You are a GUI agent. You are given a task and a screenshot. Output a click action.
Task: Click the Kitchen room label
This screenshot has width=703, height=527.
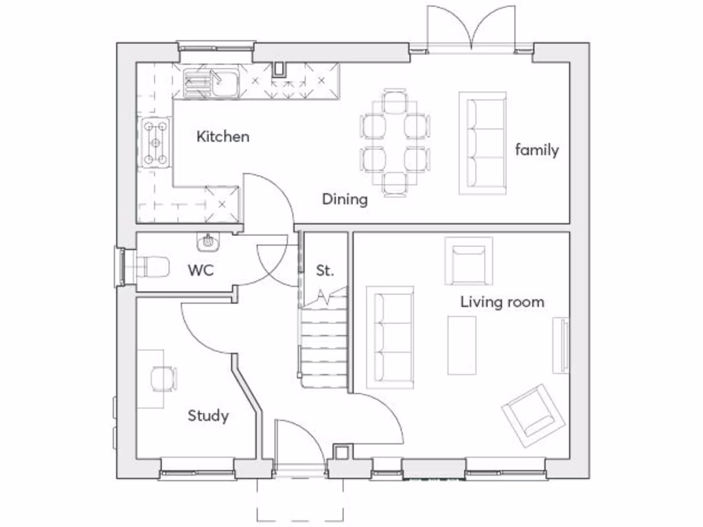pyautogui.click(x=223, y=137)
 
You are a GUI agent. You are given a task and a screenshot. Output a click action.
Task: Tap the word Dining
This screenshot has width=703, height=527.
pyautogui.click(x=345, y=200)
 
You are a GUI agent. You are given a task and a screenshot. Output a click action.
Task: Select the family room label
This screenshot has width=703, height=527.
pyautogui.click(x=537, y=150)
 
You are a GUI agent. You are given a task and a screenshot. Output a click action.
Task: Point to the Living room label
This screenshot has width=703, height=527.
pyautogui.click(x=502, y=301)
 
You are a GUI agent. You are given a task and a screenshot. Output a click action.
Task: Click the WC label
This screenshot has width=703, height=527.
pyautogui.click(x=201, y=270)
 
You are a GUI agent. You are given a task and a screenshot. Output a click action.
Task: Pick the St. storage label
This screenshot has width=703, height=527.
pyautogui.click(x=325, y=270)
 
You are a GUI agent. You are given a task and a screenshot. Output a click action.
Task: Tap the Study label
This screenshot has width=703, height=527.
pyautogui.click(x=208, y=416)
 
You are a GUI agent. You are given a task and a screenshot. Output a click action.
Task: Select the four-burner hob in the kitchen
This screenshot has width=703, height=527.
pyautogui.click(x=155, y=143)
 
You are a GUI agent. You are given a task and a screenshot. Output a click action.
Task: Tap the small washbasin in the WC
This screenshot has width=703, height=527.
pyautogui.click(x=208, y=242)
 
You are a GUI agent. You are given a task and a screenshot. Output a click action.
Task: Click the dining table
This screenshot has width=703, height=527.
pyautogui.click(x=395, y=143)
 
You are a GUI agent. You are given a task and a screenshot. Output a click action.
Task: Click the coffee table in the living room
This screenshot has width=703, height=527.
pyautogui.click(x=462, y=345)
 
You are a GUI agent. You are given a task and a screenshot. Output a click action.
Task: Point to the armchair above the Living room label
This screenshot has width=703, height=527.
pyautogui.click(x=469, y=261)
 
